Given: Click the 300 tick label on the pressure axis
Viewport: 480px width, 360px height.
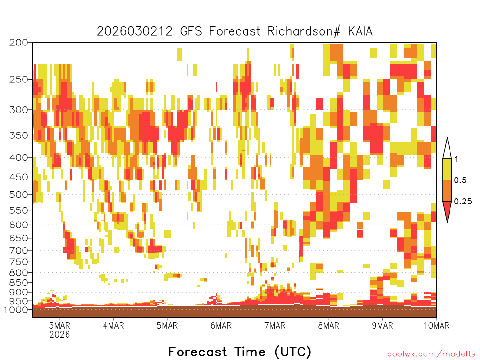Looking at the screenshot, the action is [x=19, y=110].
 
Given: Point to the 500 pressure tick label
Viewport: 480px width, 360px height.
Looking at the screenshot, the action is [x=19, y=195].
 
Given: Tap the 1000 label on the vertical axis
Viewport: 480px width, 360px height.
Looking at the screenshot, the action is [x=16, y=309].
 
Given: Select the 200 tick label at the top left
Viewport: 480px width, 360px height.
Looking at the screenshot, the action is [x=19, y=43].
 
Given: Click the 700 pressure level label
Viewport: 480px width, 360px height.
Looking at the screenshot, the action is [x=19, y=250].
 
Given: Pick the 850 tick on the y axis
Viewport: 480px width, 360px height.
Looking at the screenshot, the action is [x=19, y=283].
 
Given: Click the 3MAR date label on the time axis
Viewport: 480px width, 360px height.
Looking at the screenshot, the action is [x=60, y=325].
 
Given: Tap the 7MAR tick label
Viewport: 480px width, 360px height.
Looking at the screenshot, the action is [x=275, y=325].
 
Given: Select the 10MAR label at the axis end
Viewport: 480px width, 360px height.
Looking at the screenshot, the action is [x=436, y=325].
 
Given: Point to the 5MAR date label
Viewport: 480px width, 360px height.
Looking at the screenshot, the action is [x=167, y=325].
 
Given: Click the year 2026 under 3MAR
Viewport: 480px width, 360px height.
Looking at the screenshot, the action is [x=60, y=334].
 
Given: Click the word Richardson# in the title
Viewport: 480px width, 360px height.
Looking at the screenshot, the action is [x=304, y=31].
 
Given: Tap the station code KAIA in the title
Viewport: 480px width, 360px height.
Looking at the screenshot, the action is [x=360, y=31].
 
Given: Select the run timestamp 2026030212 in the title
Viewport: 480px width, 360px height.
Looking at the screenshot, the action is [x=135, y=31].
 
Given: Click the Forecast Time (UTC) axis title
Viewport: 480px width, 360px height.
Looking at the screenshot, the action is [x=240, y=352].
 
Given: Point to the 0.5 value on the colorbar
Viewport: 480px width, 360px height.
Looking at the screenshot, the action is [x=460, y=180].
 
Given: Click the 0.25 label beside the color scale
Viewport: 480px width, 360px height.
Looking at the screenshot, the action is [x=463, y=201].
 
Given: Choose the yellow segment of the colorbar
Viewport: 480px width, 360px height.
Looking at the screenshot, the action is [x=447, y=169].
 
